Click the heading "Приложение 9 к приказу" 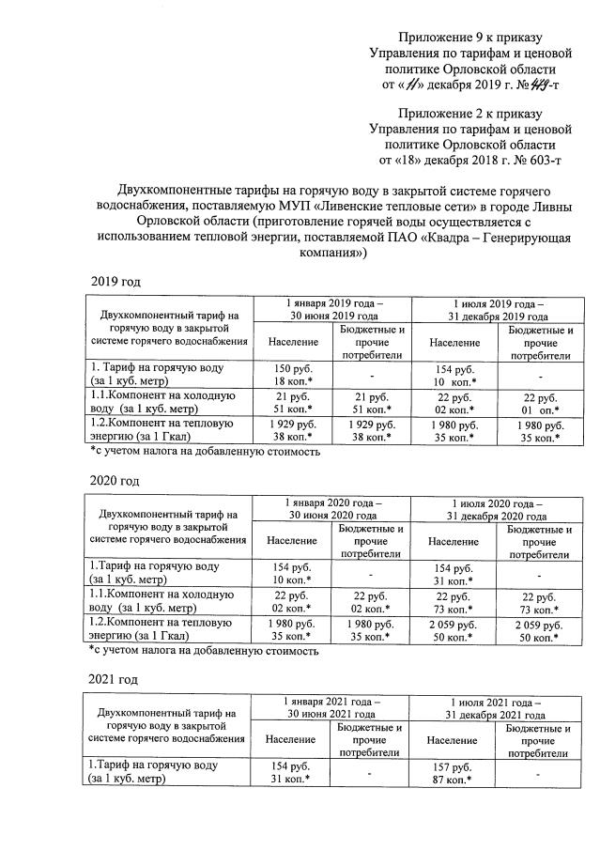(470, 37)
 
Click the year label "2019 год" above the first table (115, 282)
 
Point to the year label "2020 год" (115, 481)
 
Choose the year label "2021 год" (115, 678)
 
